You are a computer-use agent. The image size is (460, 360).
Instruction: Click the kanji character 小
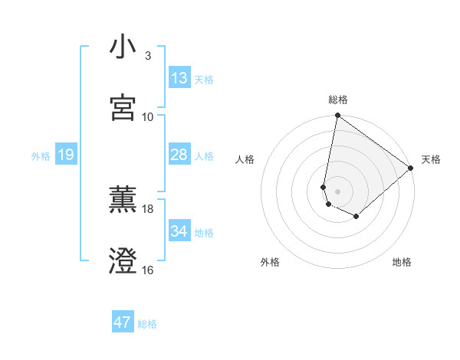point(123,47)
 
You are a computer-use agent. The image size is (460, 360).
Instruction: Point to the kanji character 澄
point(123,261)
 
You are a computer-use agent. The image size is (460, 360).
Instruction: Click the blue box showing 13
point(179,78)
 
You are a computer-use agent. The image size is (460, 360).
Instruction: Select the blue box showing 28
point(179,155)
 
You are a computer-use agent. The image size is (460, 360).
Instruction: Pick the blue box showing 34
point(179,231)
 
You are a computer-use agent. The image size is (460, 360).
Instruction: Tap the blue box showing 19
point(65,155)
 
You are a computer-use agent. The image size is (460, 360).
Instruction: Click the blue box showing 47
point(123,322)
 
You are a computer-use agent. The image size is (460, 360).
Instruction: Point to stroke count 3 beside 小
point(148,56)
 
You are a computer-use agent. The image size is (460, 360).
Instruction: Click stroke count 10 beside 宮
point(148,116)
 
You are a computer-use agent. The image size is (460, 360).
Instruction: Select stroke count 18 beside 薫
point(148,208)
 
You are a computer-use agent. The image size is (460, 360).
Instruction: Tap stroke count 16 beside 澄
point(148,270)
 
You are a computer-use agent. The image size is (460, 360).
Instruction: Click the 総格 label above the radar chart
point(338,100)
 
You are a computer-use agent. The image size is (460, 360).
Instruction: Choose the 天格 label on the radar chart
point(431,159)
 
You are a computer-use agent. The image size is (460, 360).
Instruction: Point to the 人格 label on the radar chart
point(245,159)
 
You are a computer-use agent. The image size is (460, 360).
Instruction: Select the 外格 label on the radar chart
point(270,262)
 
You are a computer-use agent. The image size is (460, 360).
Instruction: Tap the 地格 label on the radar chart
point(402,262)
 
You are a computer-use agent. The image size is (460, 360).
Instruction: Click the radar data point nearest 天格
point(412,168)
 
